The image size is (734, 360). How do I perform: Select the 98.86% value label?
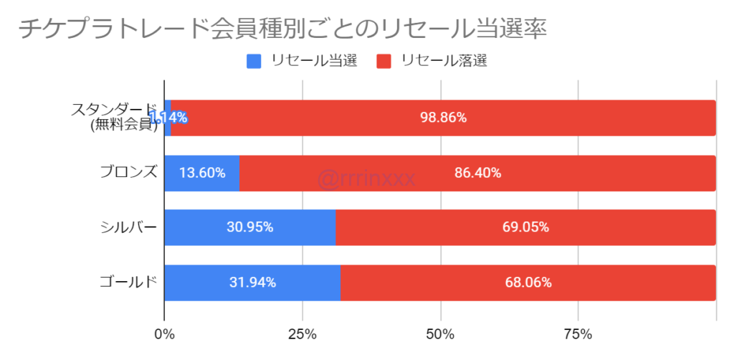(443, 118)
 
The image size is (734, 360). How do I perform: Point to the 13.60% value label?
(201, 173)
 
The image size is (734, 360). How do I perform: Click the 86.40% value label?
(477, 173)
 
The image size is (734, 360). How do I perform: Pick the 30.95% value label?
(249, 227)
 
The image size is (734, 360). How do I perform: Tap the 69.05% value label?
(525, 227)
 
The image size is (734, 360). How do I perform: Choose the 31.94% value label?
(252, 283)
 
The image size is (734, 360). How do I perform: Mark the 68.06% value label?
(528, 283)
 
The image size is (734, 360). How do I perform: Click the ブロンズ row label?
(129, 172)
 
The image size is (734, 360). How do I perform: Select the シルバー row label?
(129, 227)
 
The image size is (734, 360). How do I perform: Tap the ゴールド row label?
(129, 282)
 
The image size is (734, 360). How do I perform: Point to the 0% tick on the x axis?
(164, 334)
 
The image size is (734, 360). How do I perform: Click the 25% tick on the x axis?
(302, 334)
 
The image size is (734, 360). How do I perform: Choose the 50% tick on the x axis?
(440, 334)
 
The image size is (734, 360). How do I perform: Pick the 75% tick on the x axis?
(578, 334)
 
